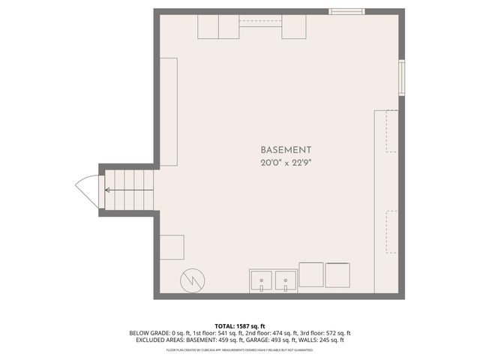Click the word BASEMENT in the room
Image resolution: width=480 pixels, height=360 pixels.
286,150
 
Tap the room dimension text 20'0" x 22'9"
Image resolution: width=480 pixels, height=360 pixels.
286,163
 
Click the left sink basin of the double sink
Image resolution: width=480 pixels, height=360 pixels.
262,280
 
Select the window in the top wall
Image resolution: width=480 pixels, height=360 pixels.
347,11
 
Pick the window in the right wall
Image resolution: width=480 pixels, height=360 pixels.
402,78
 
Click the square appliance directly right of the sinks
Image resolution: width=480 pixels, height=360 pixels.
311,275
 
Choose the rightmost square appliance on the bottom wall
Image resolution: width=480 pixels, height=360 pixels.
337,275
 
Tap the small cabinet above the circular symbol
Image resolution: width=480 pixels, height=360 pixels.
172,247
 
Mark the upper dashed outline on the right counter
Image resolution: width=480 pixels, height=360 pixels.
390,131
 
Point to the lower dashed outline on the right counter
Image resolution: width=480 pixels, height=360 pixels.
390,232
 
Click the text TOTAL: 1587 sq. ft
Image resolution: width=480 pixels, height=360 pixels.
240,325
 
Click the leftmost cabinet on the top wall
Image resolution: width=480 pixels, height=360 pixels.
208,27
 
